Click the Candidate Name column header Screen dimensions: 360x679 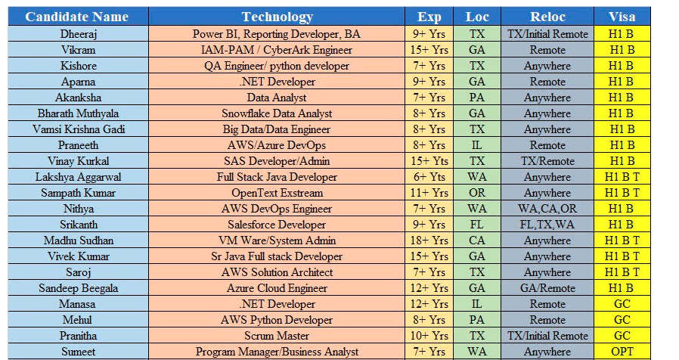click(76, 17)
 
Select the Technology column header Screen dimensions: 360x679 click(277, 17)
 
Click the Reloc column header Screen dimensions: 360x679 click(547, 17)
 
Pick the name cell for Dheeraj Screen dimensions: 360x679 click(79, 34)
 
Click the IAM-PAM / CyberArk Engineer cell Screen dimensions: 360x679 click(277, 50)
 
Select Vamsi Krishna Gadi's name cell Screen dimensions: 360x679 click(79, 129)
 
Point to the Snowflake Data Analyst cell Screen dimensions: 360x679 click(277, 113)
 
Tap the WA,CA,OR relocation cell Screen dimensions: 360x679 click(547, 209)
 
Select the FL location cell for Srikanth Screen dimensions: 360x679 click(477, 225)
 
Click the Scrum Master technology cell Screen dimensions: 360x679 click(277, 336)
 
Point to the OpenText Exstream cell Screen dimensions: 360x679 click(277, 193)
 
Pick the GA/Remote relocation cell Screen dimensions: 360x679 click(547, 288)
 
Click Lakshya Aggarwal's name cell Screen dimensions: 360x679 click(79, 177)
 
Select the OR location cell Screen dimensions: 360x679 click(477, 193)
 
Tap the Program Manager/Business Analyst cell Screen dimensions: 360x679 click(277, 352)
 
